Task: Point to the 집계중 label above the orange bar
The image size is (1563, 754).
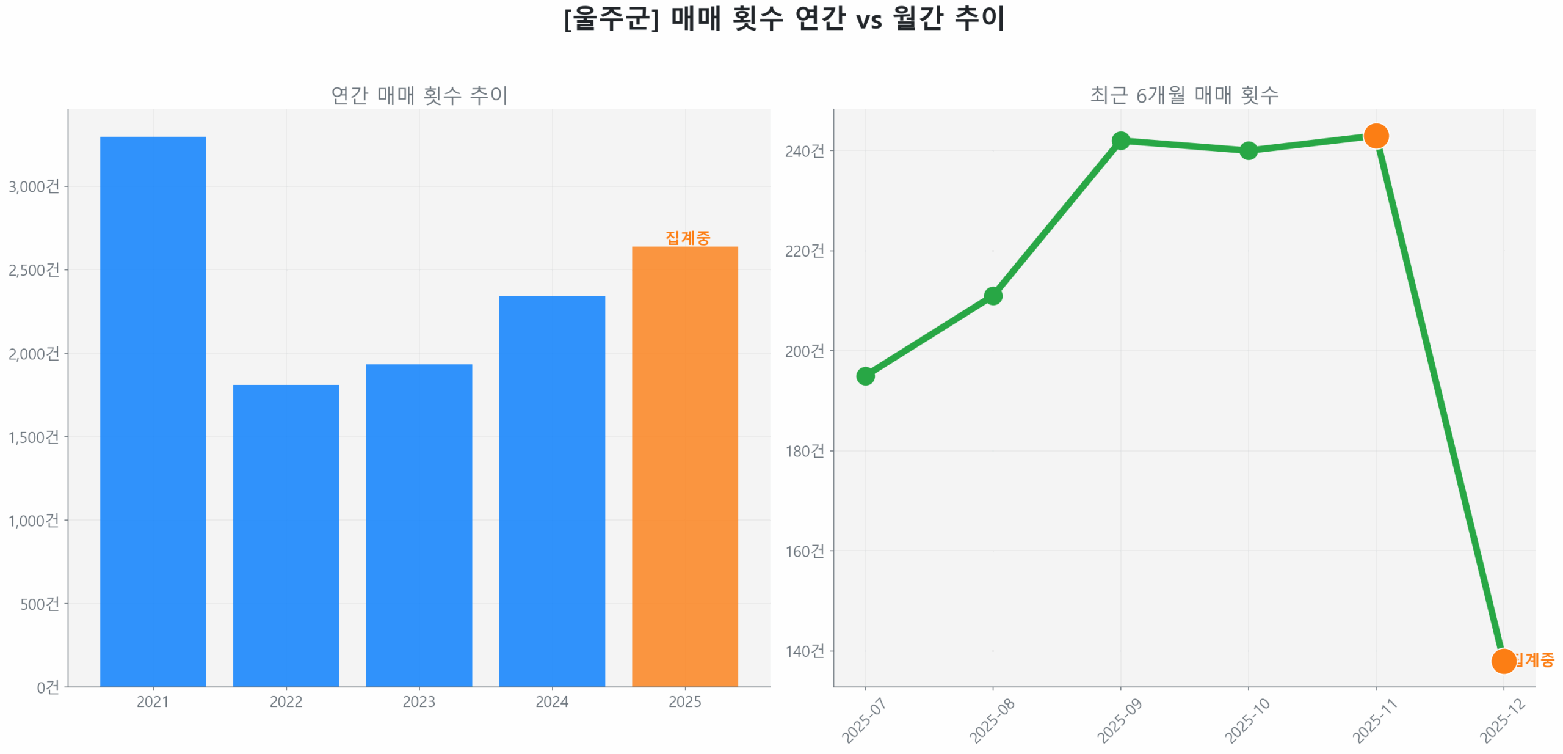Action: tap(687, 237)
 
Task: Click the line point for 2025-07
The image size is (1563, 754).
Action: tap(865, 376)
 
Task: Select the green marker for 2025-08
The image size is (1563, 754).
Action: tap(993, 296)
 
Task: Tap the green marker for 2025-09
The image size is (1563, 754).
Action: tap(1120, 141)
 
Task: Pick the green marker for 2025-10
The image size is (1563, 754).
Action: tap(1248, 150)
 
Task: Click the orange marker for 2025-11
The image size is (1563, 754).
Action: tap(1376, 136)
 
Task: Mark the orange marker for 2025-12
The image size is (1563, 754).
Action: tap(1503, 661)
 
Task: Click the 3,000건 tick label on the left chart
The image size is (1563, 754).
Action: tap(34, 186)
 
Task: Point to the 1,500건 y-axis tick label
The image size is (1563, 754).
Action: tap(34, 437)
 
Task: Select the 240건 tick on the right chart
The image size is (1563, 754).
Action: tap(804, 151)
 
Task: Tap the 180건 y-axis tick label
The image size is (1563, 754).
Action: tap(804, 451)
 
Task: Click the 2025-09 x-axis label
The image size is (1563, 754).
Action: tap(1119, 720)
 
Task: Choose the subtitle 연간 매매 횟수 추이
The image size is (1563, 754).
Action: tap(419, 95)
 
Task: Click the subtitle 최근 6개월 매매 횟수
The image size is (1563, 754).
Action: tap(1184, 95)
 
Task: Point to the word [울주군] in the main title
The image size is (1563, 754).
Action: tap(611, 18)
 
